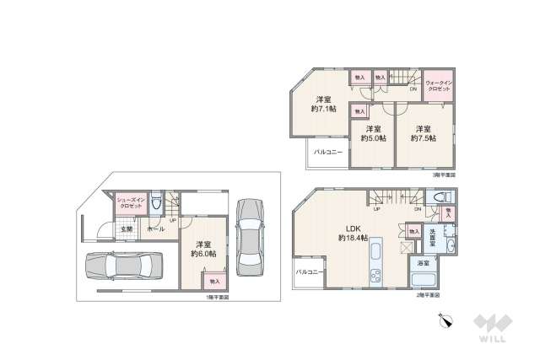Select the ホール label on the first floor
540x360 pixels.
coord(155,228)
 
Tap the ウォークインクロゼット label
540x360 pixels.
coord(439,85)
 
